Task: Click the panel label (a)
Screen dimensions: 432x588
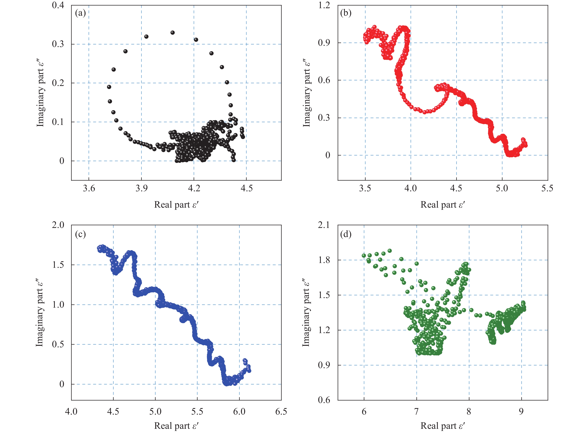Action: (x=80, y=13)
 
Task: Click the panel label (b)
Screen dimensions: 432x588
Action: (x=346, y=13)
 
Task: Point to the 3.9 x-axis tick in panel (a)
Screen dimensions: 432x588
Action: (x=141, y=188)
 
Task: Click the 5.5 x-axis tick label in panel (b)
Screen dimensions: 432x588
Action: (x=547, y=188)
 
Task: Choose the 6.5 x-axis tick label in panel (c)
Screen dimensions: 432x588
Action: (x=281, y=412)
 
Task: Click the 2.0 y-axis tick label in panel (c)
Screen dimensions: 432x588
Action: (x=58, y=225)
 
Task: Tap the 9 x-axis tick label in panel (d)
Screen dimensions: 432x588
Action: (x=521, y=412)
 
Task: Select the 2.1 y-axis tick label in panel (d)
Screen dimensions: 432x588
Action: (x=324, y=225)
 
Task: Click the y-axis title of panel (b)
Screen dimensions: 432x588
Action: (x=306, y=93)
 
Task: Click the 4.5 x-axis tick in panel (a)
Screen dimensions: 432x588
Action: (x=246, y=188)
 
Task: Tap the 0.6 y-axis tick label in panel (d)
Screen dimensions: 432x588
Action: (x=324, y=400)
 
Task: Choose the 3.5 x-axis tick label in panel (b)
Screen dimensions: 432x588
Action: (x=365, y=188)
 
